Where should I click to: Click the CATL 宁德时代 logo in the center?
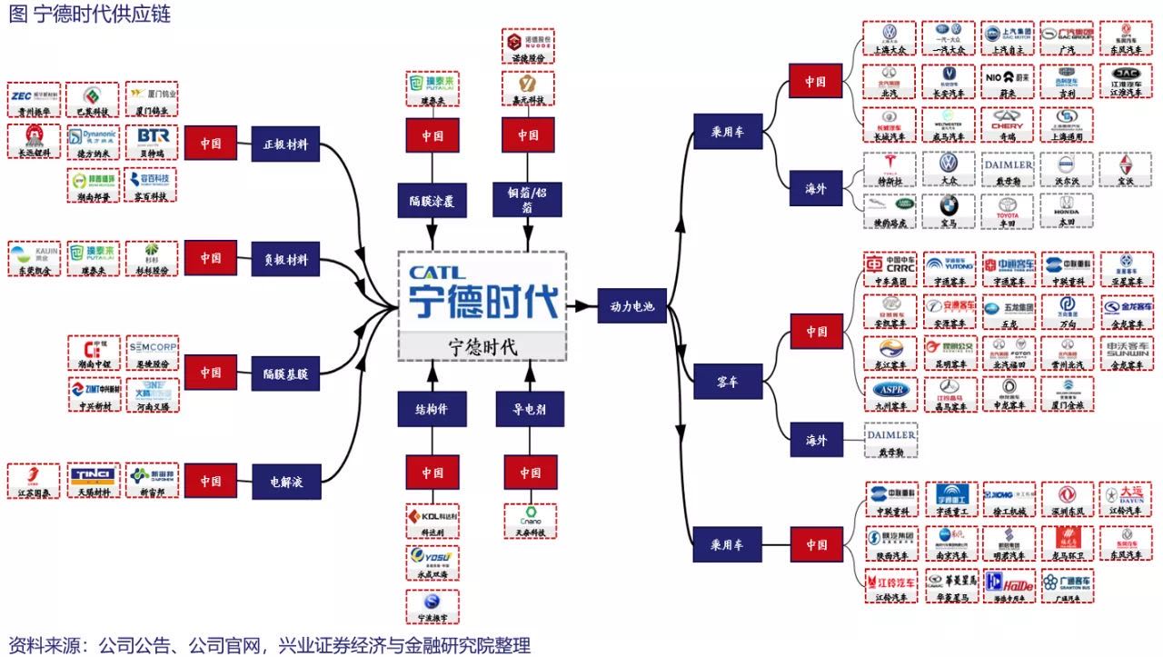click(482, 292)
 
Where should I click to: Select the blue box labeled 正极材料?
click(285, 144)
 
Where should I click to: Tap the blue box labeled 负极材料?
click(285, 260)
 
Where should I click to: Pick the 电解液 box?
click(285, 481)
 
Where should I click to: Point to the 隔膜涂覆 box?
click(432, 200)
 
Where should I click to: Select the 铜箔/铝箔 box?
click(529, 200)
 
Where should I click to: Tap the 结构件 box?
click(432, 409)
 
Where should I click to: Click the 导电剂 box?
click(529, 409)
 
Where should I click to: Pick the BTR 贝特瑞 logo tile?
click(152, 142)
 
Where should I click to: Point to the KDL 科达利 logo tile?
click(432, 522)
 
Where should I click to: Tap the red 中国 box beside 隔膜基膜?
click(211, 373)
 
